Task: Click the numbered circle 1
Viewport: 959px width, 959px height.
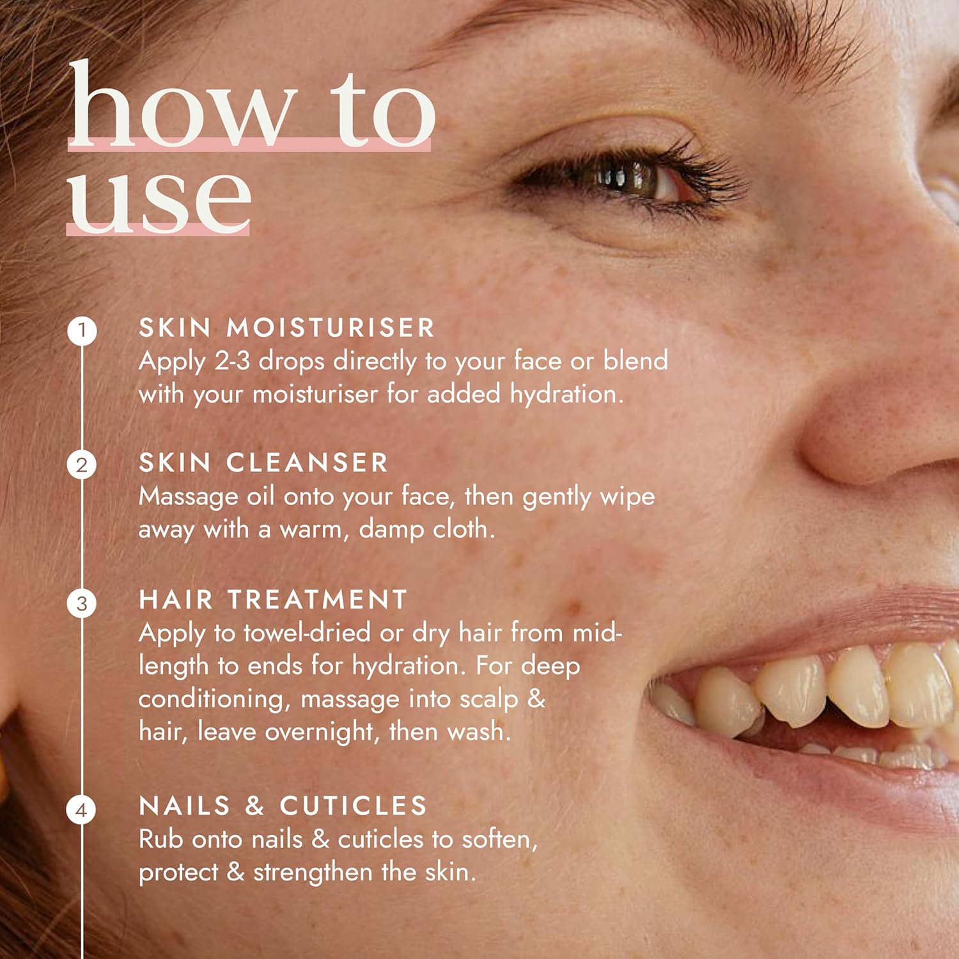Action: click(x=82, y=331)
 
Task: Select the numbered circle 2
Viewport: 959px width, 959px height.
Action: click(x=82, y=465)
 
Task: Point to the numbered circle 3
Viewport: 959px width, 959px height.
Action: click(x=82, y=603)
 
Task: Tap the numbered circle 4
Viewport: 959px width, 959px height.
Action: click(x=82, y=810)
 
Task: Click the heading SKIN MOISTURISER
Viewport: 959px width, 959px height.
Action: click(x=286, y=328)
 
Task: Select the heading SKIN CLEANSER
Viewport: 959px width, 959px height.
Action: click(x=263, y=463)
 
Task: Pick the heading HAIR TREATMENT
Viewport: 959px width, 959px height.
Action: click(x=273, y=600)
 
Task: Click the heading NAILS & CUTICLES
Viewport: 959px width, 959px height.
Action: click(x=283, y=806)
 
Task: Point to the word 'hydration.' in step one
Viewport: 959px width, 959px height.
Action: click(x=566, y=394)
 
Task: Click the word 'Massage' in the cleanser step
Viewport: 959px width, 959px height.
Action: click(x=189, y=497)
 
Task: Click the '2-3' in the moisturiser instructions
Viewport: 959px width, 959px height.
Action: click(x=232, y=362)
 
